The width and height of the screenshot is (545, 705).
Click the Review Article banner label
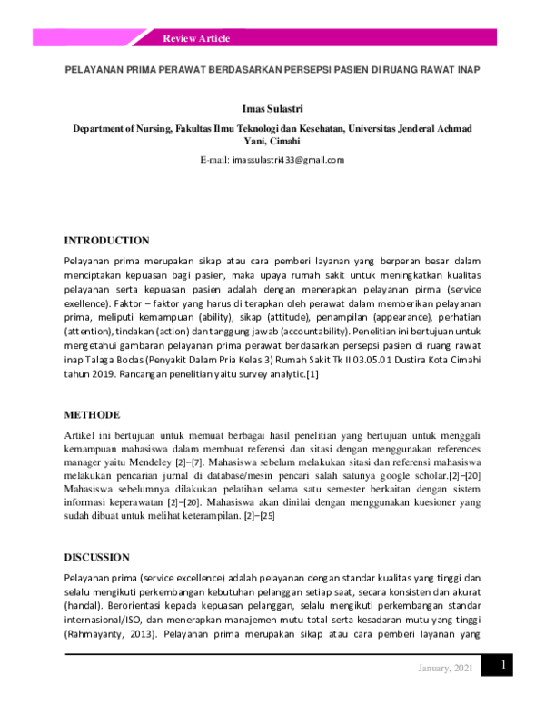[196, 38]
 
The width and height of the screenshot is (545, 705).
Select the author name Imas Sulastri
[272, 108]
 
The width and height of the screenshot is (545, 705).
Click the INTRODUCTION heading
[106, 241]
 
